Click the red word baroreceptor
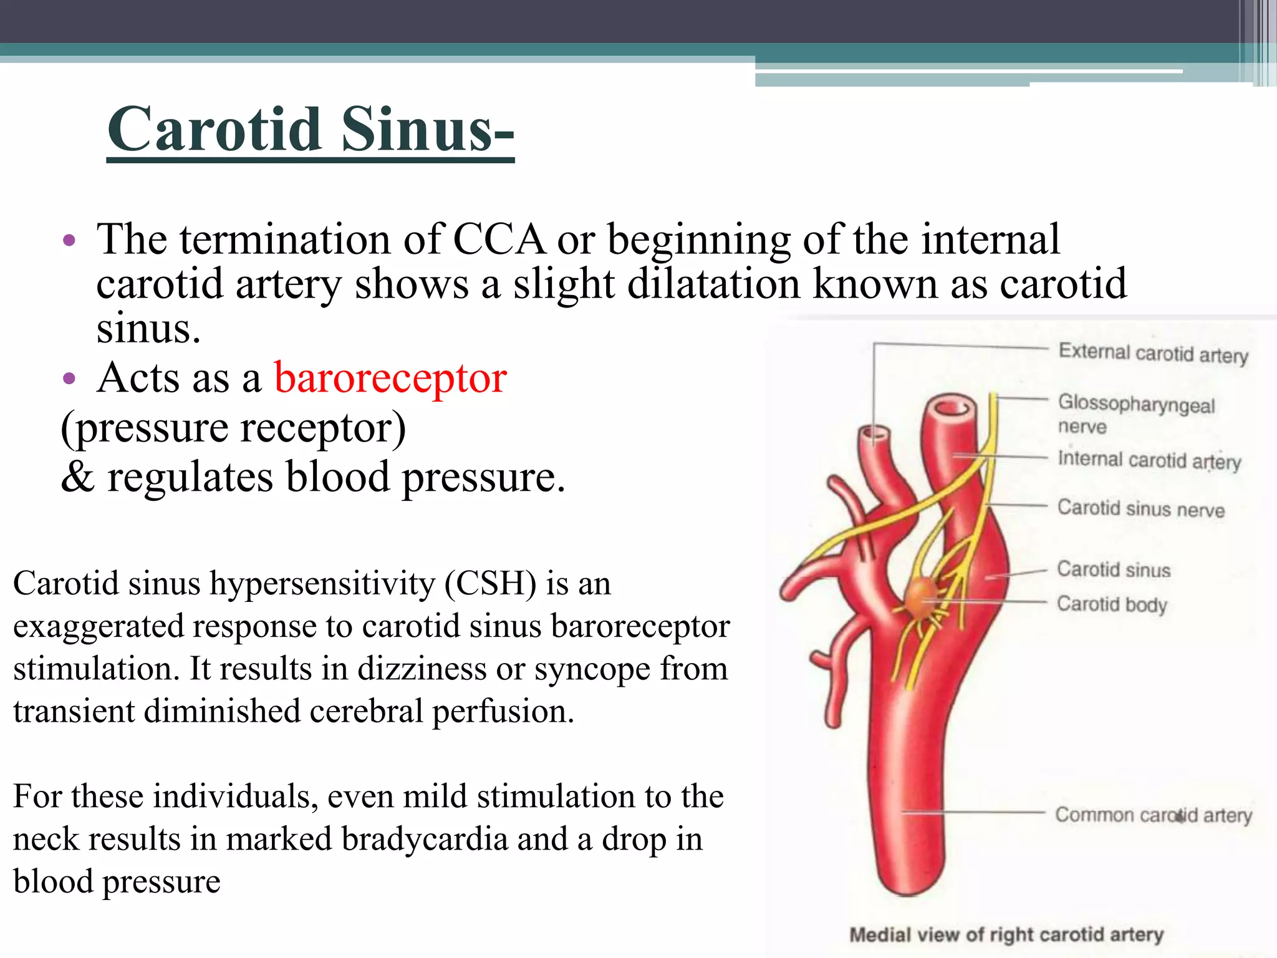[390, 378]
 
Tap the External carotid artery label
[1153, 353]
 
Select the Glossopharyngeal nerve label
[1135, 414]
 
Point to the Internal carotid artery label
[1149, 460]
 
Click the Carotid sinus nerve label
[1140, 508]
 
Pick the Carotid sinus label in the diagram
[1114, 569]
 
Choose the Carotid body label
[1111, 604]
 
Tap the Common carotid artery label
[1153, 815]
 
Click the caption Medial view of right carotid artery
[1006, 934]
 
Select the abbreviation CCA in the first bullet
[499, 239]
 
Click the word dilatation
[713, 284]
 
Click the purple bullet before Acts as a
[69, 379]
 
